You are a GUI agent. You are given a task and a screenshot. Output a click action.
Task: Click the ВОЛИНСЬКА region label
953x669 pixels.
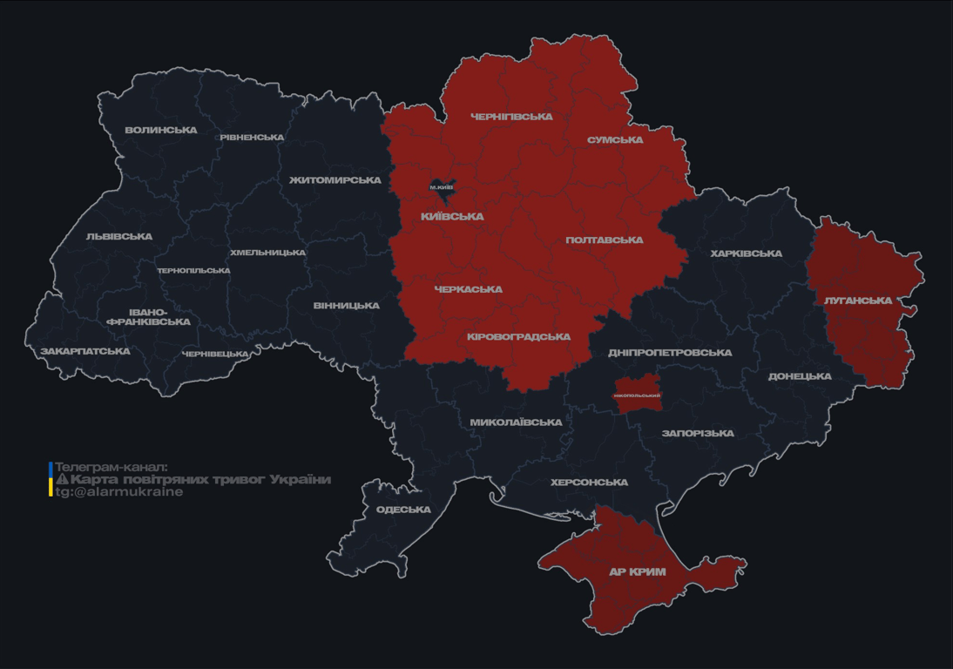coord(160,131)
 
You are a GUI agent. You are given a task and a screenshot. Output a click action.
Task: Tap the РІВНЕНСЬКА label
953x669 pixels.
coord(252,138)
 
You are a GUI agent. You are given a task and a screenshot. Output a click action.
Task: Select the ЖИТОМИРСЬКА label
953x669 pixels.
coord(335,180)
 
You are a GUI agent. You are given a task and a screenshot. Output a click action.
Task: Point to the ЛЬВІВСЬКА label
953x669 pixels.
coord(119,237)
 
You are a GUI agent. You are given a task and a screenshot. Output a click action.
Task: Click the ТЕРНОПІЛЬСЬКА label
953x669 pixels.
coord(193,271)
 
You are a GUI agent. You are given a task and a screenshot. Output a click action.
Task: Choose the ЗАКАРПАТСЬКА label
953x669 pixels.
coord(84,352)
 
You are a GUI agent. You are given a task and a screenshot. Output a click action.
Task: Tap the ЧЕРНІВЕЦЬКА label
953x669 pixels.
coord(215,355)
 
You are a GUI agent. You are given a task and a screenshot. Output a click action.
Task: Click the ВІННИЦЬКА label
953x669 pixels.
coord(346,306)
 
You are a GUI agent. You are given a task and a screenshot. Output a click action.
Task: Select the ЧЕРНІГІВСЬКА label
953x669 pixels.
coord(511,117)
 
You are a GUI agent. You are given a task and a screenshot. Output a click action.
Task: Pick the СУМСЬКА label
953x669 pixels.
coord(615,140)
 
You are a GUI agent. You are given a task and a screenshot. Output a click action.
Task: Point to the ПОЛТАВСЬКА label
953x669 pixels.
coord(605,240)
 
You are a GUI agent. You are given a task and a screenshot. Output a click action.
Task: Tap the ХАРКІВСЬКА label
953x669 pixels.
coord(746,254)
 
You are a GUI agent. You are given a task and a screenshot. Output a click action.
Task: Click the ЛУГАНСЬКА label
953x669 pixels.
coord(857,301)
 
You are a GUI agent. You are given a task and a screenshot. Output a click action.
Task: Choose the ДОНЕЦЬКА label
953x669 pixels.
coord(799,377)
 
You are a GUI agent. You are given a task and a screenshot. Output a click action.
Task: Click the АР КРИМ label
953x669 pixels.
coord(637,572)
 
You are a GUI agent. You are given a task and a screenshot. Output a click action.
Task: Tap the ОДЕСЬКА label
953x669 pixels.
coord(403,510)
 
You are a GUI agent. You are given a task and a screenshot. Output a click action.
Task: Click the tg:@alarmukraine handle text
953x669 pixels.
coord(119,492)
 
